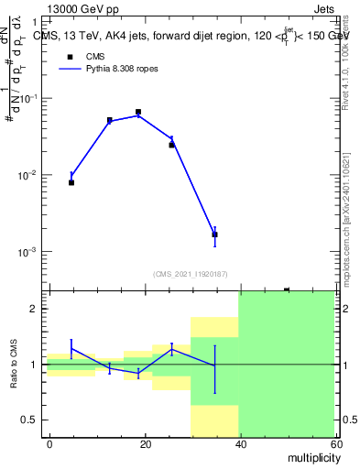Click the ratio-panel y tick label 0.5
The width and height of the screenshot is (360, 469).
29,420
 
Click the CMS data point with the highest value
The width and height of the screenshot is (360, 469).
138,112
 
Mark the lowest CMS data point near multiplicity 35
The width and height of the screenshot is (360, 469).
214,234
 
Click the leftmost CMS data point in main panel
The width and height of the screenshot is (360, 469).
71,182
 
